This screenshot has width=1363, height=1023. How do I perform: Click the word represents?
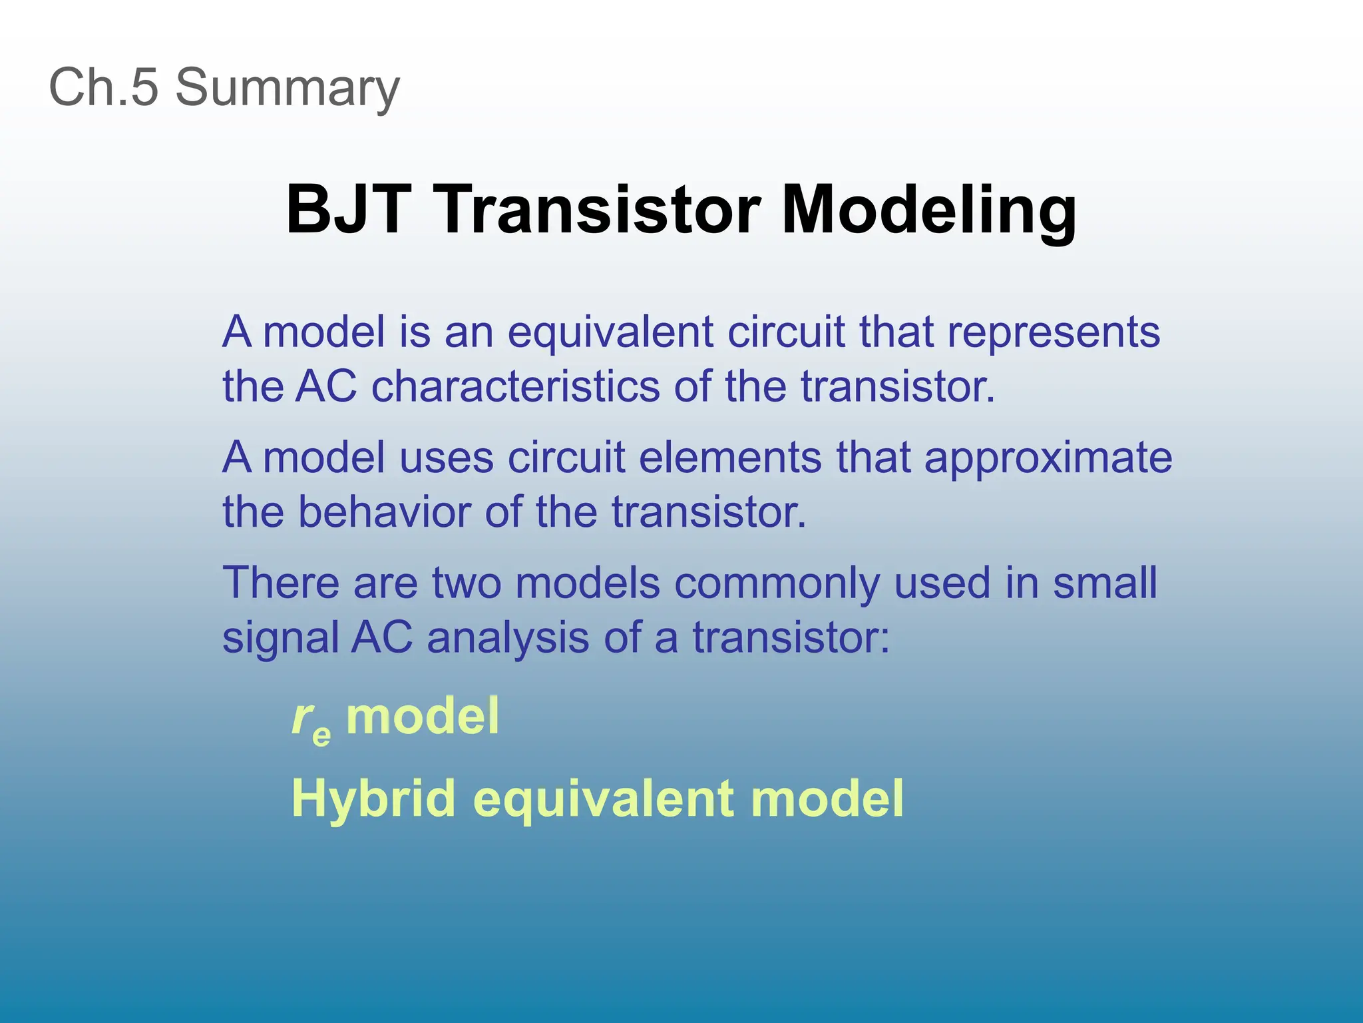[x=1053, y=333]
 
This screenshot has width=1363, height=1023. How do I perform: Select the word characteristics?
[x=515, y=386]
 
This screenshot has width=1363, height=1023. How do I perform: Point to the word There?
[x=280, y=583]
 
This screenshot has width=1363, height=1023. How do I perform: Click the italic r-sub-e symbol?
[x=310, y=721]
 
